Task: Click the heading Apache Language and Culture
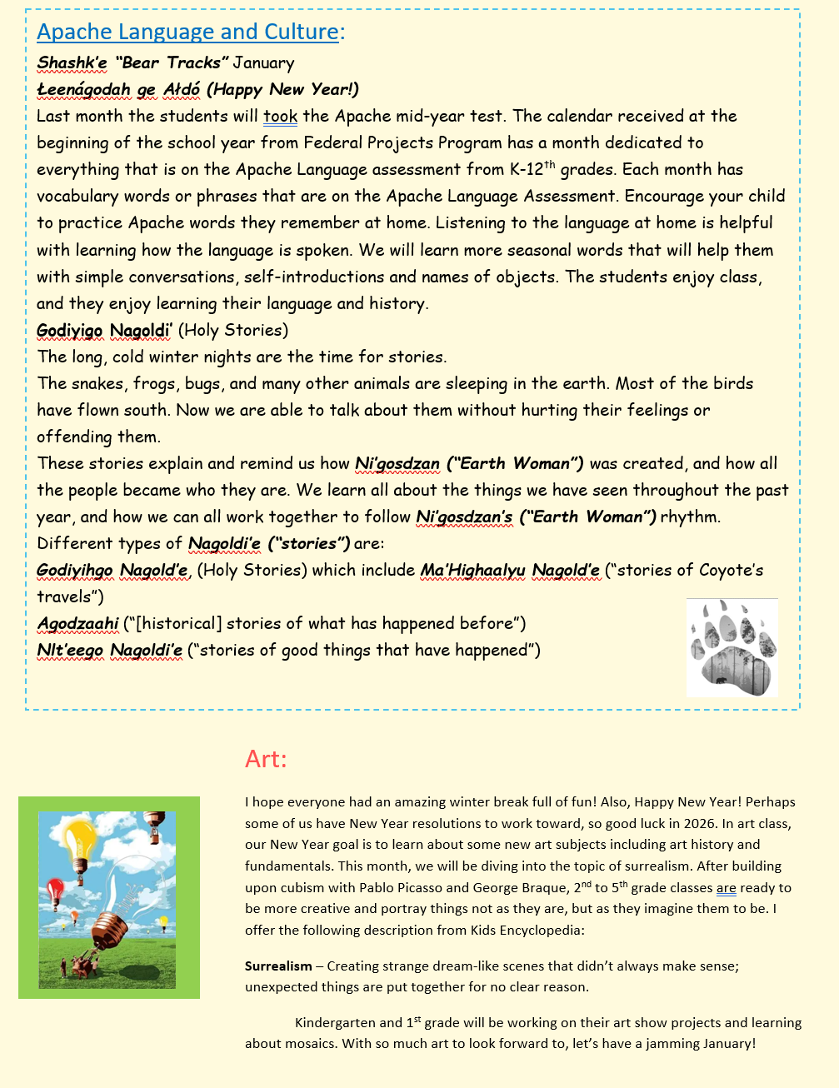click(188, 32)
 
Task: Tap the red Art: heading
click(266, 759)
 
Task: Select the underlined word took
click(280, 116)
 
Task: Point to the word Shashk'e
click(72, 62)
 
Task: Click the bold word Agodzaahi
click(77, 623)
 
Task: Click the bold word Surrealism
click(278, 966)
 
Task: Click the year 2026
click(769, 823)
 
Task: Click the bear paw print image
click(732, 647)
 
